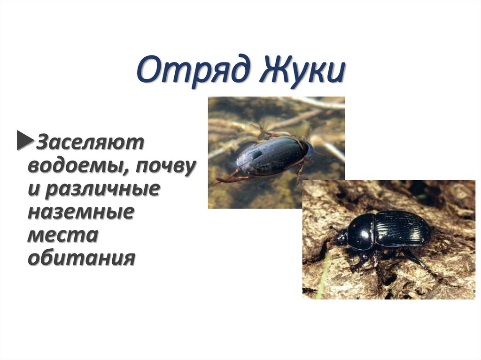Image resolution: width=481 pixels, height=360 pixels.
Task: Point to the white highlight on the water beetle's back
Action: (255, 154)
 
